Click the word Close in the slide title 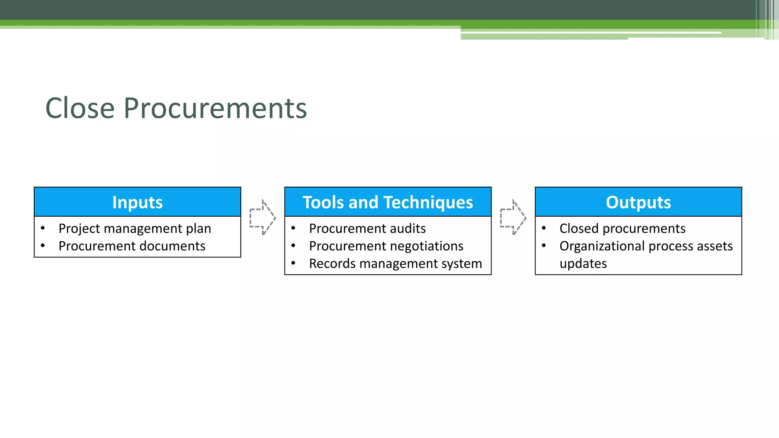coord(80,108)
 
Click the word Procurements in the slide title coord(215,108)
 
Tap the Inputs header coord(137,202)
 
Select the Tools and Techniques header coord(388,202)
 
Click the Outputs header coord(638,202)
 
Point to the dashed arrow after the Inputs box coord(262,217)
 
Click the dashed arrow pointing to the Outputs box coord(513,217)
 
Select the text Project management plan coord(135,229)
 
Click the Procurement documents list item coord(132,246)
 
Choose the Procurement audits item coord(367,229)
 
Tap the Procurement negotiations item coord(386,246)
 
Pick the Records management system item coord(395,263)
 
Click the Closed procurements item coord(622,229)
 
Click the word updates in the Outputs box coord(583,263)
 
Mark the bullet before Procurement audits coord(293,228)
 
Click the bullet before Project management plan coord(43,228)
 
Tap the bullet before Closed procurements coord(544,228)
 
